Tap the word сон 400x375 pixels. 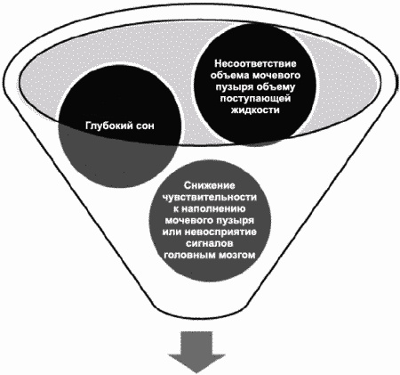click(145, 126)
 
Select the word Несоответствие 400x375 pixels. click(255, 63)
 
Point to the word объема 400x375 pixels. click(229, 75)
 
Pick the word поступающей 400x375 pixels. click(255, 98)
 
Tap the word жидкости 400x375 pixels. click(255, 110)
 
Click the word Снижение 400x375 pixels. click(210, 185)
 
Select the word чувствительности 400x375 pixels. click(210, 198)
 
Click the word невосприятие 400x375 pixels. click(220, 232)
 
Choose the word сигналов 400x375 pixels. click(210, 243)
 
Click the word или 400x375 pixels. click(172, 232)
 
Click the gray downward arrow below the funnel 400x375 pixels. click(196, 352)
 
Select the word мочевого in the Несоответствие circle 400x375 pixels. click(276, 75)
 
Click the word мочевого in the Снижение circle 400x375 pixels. click(189, 220)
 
